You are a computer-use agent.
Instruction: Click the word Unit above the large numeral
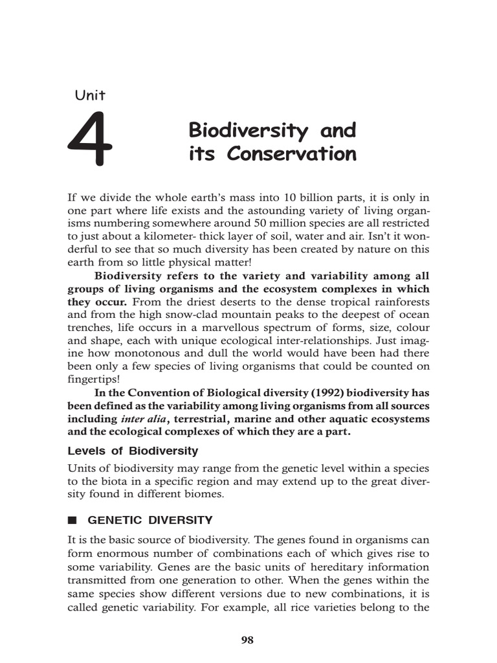[91, 95]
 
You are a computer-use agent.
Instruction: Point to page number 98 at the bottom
[247, 640]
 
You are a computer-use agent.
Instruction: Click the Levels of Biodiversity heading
[133, 451]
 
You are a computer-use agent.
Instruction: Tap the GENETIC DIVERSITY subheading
[149, 519]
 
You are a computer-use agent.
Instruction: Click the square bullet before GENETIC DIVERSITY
[72, 520]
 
